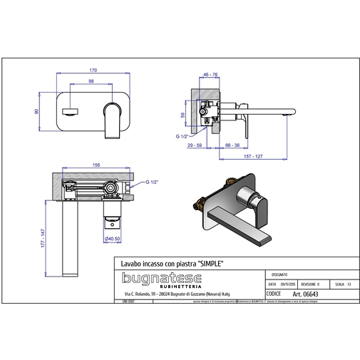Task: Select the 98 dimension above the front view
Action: pos(91,81)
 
